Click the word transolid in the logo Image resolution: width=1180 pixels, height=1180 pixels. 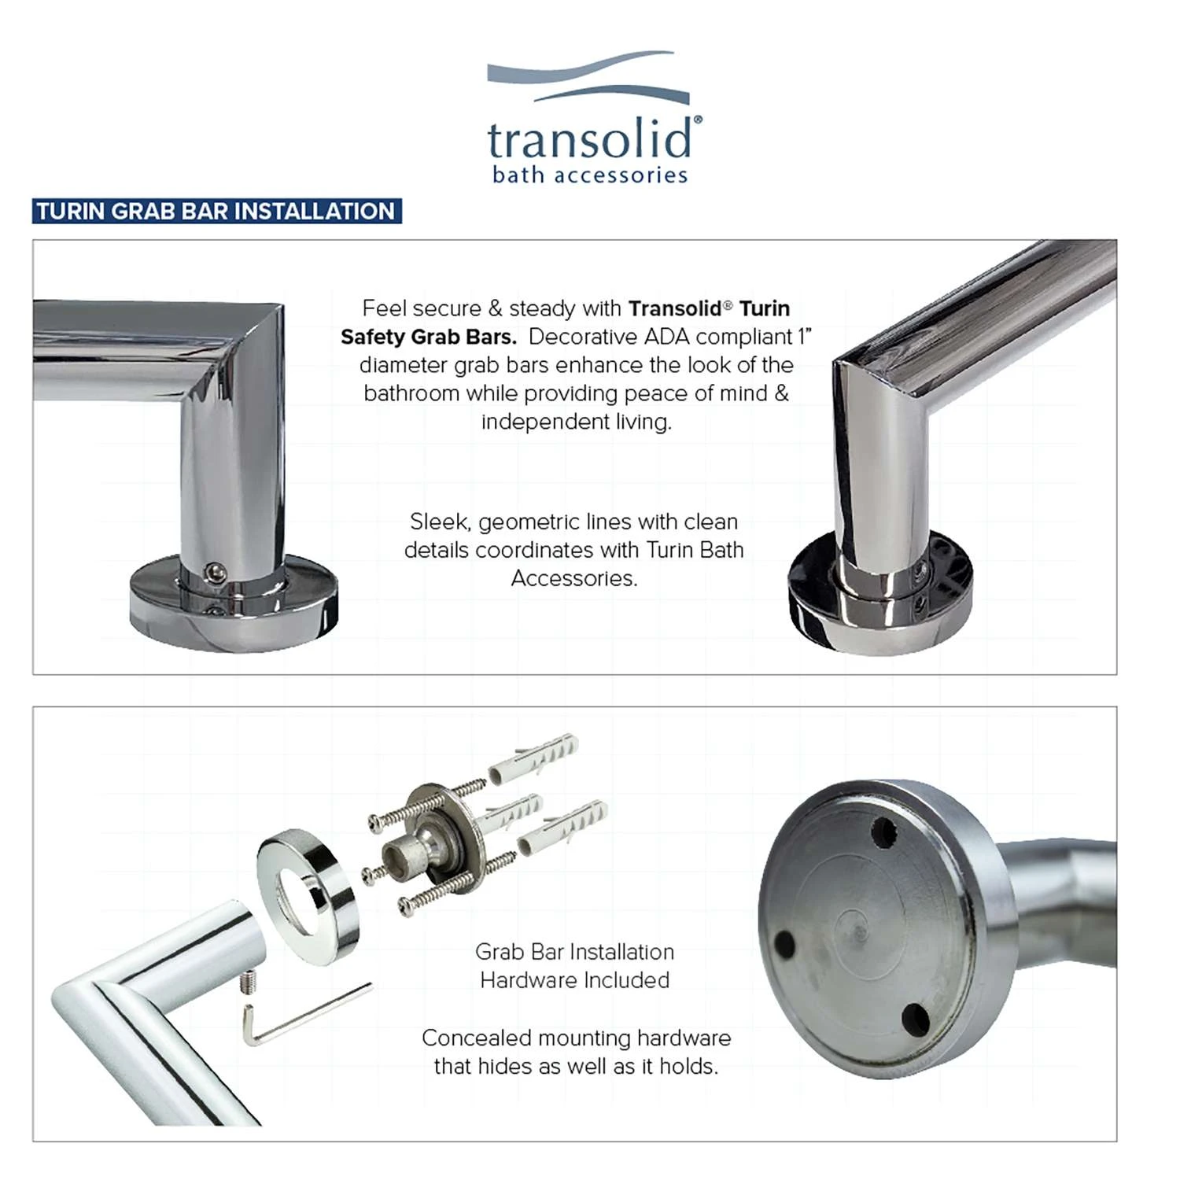[590, 140]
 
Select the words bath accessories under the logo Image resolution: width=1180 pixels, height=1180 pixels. [590, 175]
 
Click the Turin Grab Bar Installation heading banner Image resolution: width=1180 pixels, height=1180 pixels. [216, 212]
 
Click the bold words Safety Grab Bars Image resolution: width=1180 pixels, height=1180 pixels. [429, 337]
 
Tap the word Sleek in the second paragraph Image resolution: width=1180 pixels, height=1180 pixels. [439, 522]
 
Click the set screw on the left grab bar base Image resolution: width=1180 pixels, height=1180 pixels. [213, 573]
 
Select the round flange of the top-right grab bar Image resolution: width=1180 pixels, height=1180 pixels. [880, 598]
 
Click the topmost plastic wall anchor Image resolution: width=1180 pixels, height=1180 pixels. [535, 758]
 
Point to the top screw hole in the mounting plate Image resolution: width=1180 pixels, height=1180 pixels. [884, 832]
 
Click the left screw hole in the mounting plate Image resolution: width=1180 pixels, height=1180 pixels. [785, 943]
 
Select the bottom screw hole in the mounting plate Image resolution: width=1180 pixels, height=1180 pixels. [915, 1019]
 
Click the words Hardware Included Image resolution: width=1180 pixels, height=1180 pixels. [574, 980]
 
